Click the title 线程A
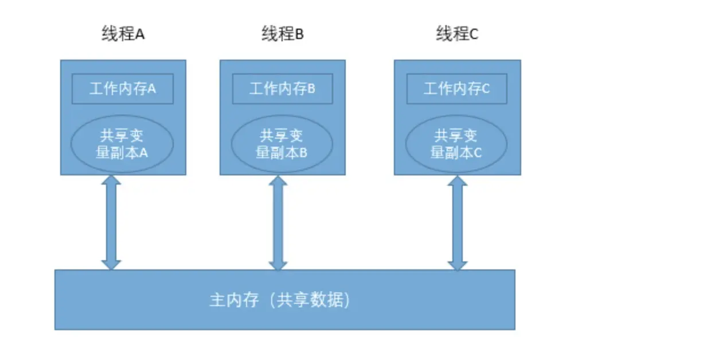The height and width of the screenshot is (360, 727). (123, 34)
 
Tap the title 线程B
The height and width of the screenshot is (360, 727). (283, 34)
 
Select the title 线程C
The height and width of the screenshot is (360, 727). (457, 34)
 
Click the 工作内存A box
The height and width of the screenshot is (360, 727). (123, 89)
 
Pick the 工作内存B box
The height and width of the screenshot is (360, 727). (283, 89)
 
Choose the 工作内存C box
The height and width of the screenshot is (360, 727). (457, 89)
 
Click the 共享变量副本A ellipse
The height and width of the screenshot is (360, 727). (123, 144)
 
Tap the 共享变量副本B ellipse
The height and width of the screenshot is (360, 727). (282, 144)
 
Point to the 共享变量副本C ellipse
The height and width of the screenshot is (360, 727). (456, 144)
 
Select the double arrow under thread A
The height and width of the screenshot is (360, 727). (111, 222)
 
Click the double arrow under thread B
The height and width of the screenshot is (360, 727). (278, 222)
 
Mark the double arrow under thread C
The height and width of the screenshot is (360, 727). (458, 222)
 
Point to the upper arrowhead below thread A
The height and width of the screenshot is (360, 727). (111, 181)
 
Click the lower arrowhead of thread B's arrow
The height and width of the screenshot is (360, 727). (278, 265)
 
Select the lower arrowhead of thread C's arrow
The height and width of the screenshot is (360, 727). (458, 265)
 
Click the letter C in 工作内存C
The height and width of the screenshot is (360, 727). (486, 89)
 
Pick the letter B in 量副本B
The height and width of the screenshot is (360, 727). (303, 153)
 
